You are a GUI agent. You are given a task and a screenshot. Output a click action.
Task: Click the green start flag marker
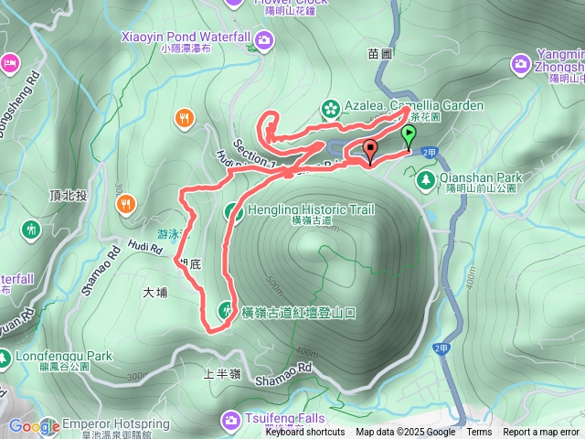tap(409, 136)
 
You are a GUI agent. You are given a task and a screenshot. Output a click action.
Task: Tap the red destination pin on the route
tap(370, 151)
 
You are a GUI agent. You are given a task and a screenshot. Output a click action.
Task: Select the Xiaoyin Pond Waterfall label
tap(186, 37)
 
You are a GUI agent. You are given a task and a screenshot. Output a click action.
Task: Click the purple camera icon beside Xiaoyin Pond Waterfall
tap(264, 38)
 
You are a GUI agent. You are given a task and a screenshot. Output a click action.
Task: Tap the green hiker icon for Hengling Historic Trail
tap(232, 212)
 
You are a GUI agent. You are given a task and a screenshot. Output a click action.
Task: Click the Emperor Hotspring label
tap(115, 424)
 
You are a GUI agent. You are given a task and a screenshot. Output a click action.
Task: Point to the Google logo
tap(34, 425)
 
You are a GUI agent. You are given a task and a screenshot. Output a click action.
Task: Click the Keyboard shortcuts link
tap(305, 433)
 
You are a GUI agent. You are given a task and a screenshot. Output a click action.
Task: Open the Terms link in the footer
tap(479, 433)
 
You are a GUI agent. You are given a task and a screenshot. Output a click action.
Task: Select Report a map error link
tap(541, 433)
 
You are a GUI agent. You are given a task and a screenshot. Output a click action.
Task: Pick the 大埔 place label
tap(155, 294)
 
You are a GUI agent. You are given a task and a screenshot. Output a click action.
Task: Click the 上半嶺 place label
tap(222, 374)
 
